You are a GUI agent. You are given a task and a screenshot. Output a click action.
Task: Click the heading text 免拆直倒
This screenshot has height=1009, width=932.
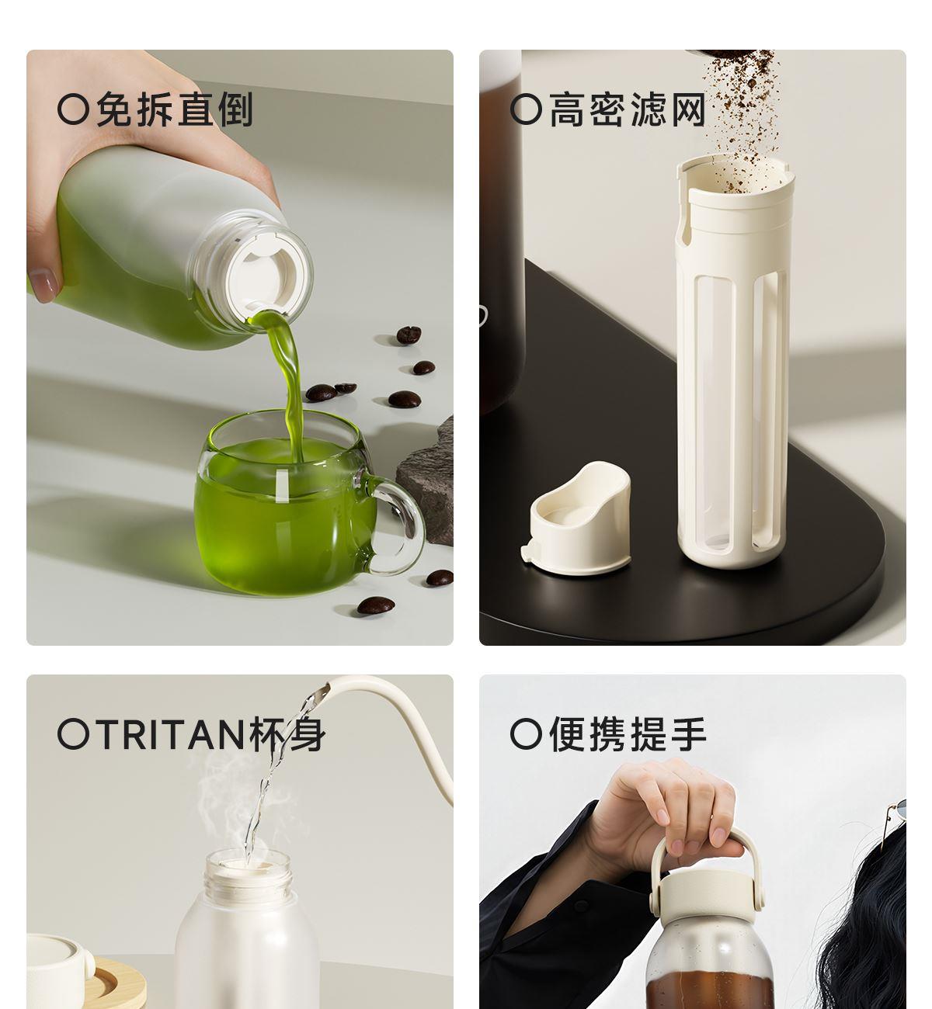point(174,109)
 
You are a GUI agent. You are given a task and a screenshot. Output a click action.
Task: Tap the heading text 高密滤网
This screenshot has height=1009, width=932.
point(628,109)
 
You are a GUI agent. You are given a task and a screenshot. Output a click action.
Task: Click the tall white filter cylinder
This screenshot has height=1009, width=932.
point(734,361)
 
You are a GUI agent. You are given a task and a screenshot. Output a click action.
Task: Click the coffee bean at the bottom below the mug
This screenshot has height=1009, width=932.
point(376,605)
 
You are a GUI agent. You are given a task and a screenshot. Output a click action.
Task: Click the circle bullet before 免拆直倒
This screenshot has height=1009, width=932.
point(73,109)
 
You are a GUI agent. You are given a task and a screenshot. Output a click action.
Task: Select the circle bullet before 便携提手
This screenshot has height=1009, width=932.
point(526,733)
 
